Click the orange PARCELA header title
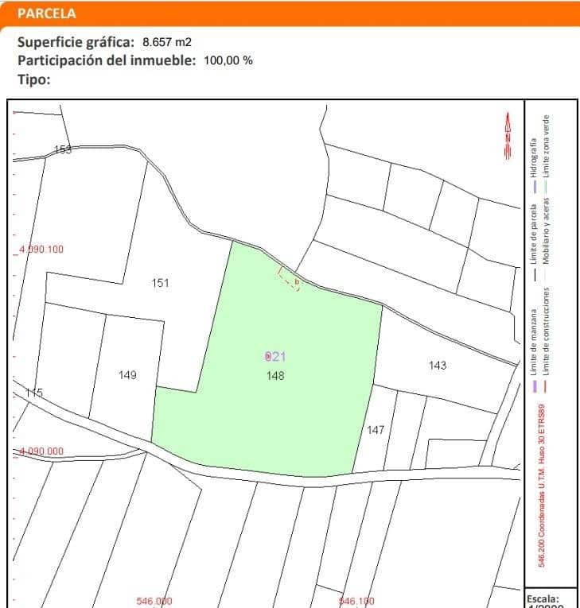coord(47,14)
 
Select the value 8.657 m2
coord(167,42)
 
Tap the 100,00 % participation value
coord(228,60)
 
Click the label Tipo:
coord(34,79)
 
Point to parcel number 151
coord(161,283)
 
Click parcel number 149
coord(127,375)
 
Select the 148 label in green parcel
coord(276,375)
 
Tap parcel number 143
coord(438,366)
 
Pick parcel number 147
coord(376,430)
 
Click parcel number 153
coord(63,149)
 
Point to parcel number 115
coord(34,393)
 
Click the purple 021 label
coord(274,357)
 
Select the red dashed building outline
coord(289,279)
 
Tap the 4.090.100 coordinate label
coord(41,249)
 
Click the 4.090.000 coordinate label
coord(41,451)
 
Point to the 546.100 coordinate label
coord(356,601)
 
